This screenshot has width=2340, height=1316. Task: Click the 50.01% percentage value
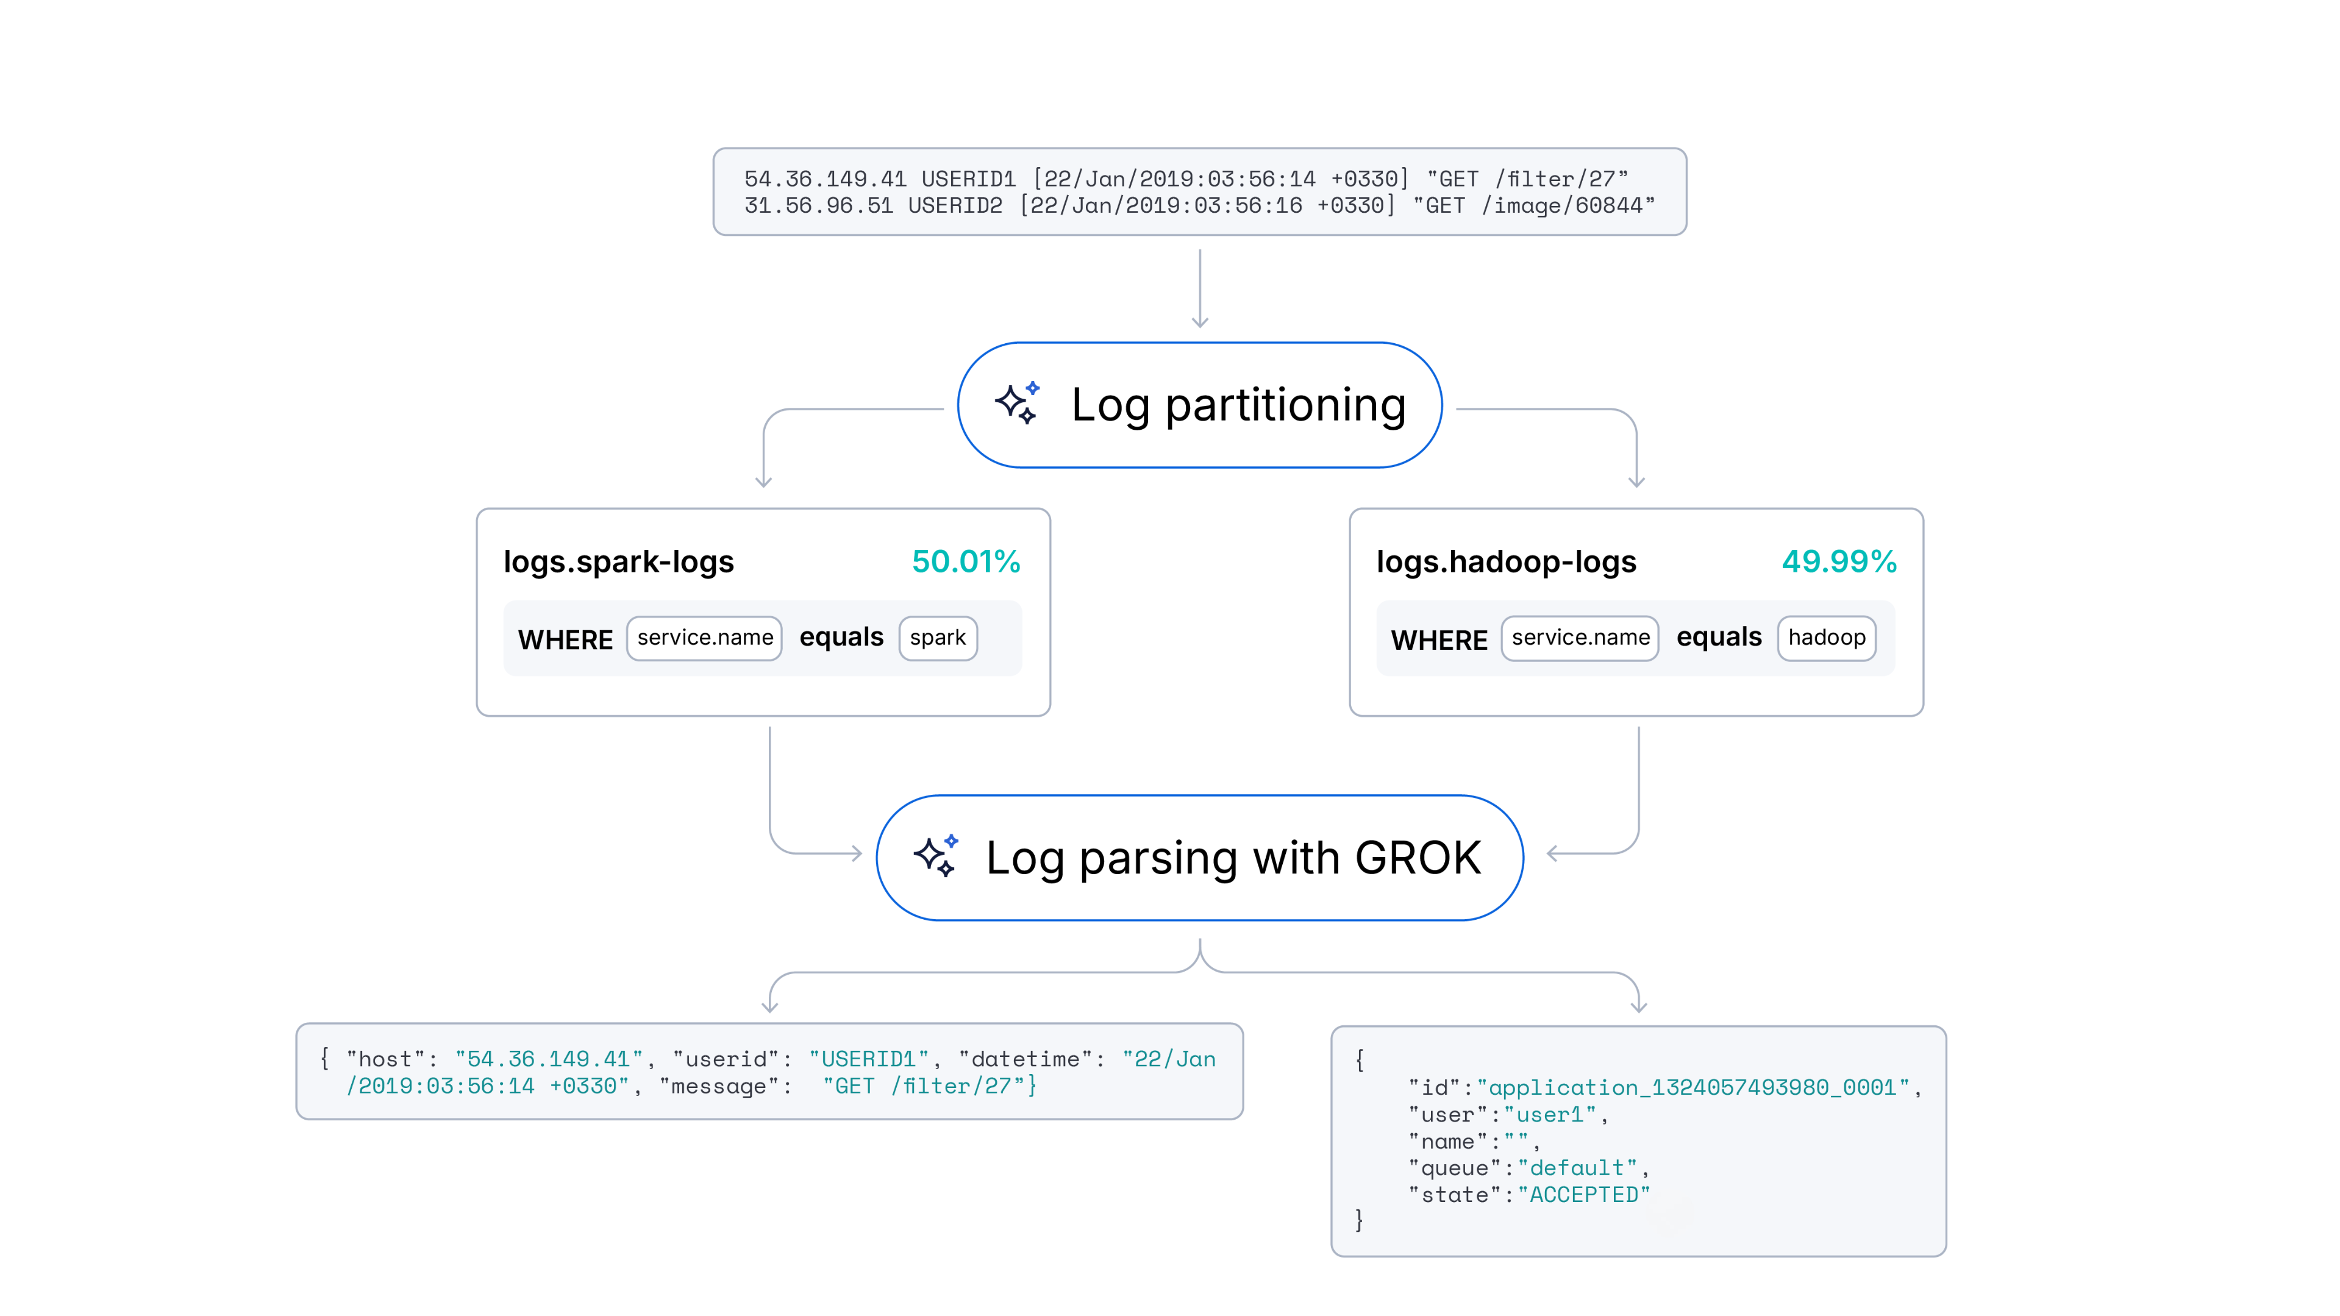tap(966, 561)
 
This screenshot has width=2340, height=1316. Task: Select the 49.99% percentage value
tap(1839, 561)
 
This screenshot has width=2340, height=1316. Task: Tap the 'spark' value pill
tap(938, 638)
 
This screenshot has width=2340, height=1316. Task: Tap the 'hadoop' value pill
tap(1826, 638)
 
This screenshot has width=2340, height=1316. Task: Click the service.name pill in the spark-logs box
tap(704, 638)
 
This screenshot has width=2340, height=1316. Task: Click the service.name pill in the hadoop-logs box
tap(1580, 638)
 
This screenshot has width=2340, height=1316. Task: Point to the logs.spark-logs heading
tap(619, 562)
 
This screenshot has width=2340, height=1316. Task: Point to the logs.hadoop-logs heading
tap(1506, 562)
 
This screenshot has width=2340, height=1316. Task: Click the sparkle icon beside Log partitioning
tap(1016, 404)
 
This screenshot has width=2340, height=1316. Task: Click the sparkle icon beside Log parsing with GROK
tap(936, 856)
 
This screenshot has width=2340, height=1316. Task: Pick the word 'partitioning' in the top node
tap(1285, 405)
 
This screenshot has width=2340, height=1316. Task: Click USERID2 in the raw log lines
tap(955, 206)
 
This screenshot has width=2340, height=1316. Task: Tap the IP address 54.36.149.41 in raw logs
tap(825, 179)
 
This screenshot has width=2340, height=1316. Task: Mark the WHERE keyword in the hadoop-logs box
tap(1439, 640)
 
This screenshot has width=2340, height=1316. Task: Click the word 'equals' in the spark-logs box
tap(841, 638)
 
